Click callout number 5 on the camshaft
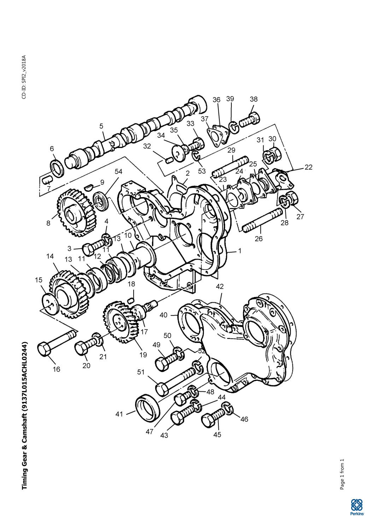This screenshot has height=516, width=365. [101, 126]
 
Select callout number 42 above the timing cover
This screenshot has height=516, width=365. [220, 286]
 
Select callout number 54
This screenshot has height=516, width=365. [119, 172]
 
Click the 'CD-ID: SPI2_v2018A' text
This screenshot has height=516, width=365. [24, 77]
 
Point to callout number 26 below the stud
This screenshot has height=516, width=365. [259, 239]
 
